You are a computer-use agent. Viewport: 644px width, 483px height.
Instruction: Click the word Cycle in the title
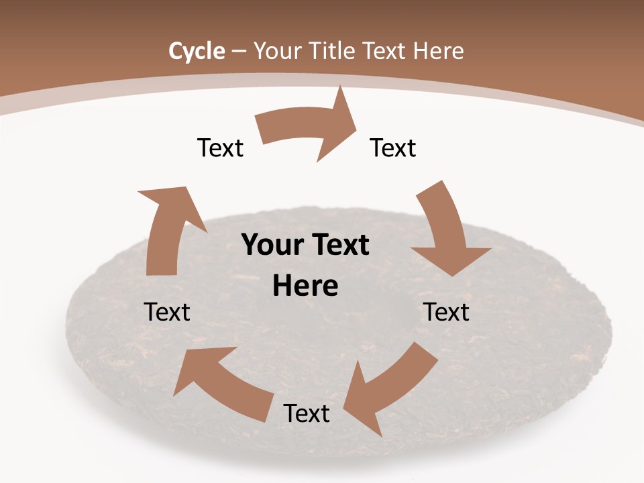(x=197, y=51)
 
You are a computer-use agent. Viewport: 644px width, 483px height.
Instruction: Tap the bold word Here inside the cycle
(x=305, y=286)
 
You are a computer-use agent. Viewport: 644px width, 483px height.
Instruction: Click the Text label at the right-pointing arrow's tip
(x=393, y=148)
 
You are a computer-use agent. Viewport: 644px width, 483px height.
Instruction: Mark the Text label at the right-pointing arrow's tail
(x=220, y=148)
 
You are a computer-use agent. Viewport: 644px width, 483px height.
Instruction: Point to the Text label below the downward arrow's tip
(x=446, y=312)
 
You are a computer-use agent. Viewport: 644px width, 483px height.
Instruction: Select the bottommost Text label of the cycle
(x=307, y=413)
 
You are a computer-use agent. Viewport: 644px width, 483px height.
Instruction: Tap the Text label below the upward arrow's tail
(x=167, y=312)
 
